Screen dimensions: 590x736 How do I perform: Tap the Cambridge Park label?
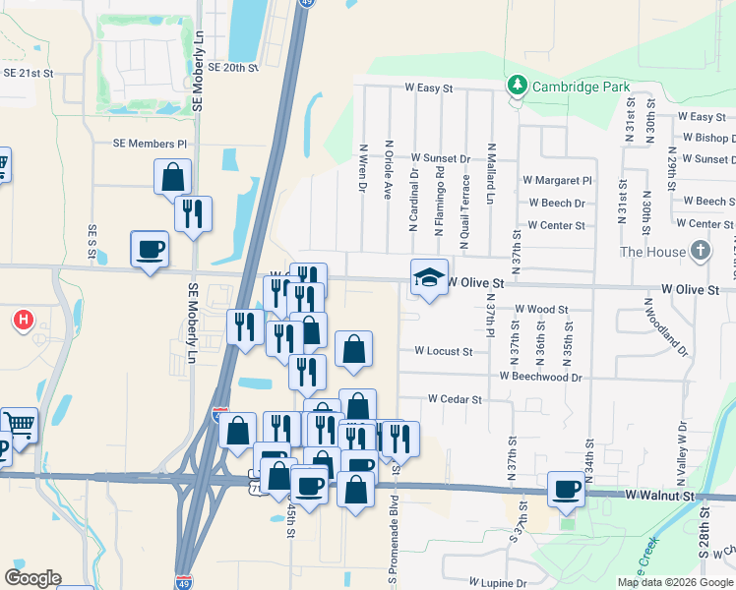point(581,87)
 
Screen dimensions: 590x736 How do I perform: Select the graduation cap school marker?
point(429,277)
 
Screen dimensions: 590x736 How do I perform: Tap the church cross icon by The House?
point(700,251)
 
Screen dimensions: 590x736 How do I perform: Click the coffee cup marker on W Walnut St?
point(567,489)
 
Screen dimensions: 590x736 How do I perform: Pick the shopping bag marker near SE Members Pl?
point(172,178)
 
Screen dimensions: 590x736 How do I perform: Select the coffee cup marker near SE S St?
point(150,249)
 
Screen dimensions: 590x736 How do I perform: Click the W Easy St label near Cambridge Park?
point(429,88)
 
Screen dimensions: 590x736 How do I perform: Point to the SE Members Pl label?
point(150,144)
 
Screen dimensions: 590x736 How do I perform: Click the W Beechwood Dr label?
point(540,377)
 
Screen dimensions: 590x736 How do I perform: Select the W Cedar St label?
point(454,400)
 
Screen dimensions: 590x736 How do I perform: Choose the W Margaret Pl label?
point(557,181)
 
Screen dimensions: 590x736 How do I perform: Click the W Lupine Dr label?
point(498,583)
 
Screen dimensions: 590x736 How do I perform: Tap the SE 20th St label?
point(225,68)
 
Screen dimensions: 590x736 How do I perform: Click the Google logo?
point(32,578)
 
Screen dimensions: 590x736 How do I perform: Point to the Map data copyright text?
point(674,582)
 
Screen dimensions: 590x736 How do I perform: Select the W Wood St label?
point(541,309)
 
